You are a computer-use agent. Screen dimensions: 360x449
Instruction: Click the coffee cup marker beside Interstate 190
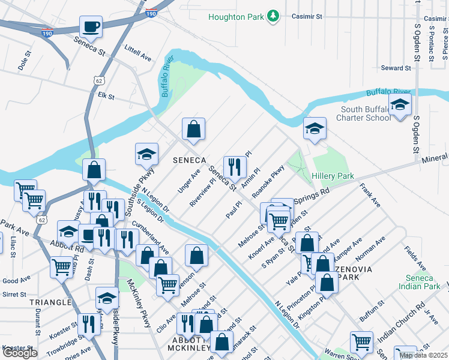point(91,26)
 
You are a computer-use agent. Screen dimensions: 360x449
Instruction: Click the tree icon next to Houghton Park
point(273,15)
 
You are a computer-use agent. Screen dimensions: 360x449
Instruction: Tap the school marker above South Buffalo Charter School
point(400,105)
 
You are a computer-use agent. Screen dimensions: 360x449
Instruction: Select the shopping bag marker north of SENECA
point(194,129)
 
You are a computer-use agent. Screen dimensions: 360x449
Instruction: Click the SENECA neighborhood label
point(189,160)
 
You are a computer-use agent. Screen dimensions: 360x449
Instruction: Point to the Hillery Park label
point(333,176)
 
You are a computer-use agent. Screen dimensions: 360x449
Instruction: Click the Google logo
point(20,353)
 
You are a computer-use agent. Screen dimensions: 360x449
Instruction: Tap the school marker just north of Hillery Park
point(314,128)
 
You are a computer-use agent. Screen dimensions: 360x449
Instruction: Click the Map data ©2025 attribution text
point(423,355)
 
